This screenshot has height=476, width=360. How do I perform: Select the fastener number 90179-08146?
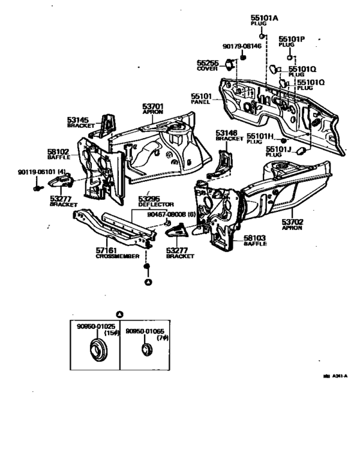tap(242, 46)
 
